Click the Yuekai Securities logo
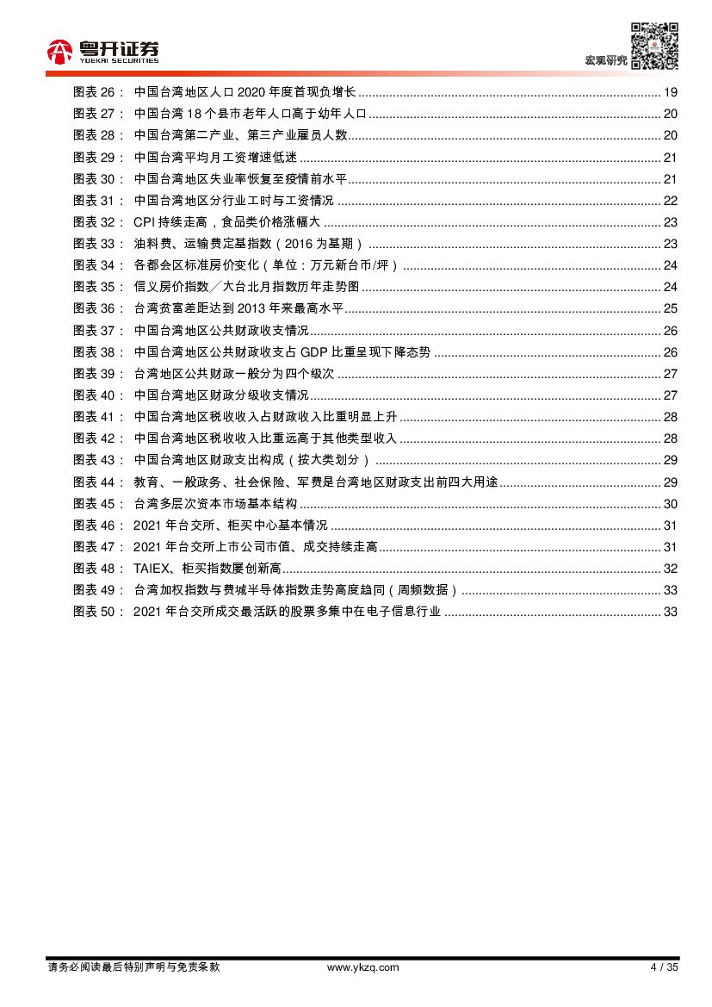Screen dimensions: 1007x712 click(102, 53)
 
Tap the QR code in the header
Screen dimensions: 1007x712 click(653, 46)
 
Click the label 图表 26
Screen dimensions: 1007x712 click(100, 92)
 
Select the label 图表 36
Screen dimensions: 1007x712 click(100, 308)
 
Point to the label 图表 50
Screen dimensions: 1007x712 click(100, 612)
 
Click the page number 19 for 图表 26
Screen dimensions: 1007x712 click(671, 92)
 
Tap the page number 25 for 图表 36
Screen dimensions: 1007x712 click(671, 308)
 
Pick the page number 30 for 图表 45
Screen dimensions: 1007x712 click(671, 503)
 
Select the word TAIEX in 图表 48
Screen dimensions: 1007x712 click(153, 569)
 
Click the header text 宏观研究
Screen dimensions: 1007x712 click(605, 60)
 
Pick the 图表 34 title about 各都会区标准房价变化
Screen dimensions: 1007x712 click(266, 265)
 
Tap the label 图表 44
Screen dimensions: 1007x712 click(100, 482)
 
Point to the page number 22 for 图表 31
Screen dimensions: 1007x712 click(671, 201)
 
